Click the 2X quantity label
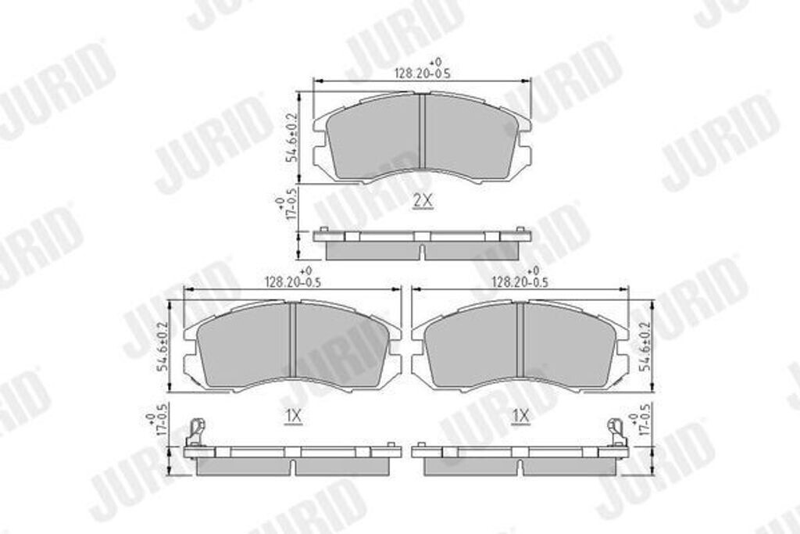[x=422, y=201]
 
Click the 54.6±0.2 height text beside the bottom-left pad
[x=164, y=346]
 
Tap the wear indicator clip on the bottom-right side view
[x=617, y=432]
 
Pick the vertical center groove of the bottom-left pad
[x=292, y=342]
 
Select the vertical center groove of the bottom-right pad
[x=520, y=342]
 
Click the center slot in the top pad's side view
[x=422, y=252]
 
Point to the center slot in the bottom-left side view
[x=292, y=466]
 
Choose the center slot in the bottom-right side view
[x=520, y=466]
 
